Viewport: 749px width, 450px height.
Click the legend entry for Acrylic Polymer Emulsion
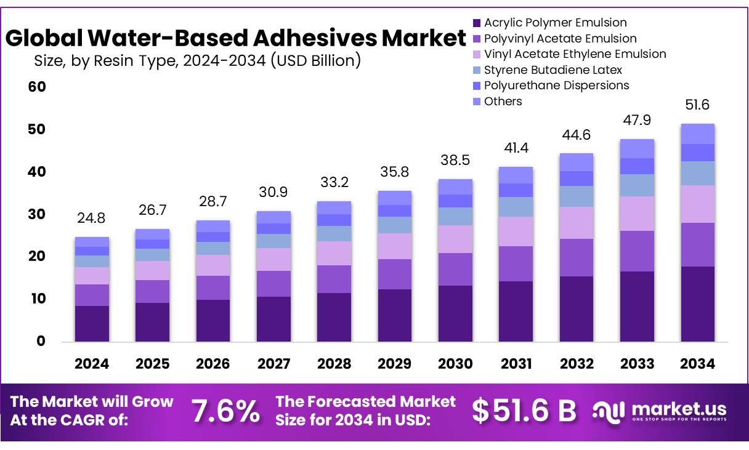click(x=555, y=23)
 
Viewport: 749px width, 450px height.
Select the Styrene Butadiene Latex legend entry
click(x=553, y=70)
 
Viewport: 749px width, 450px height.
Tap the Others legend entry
click(x=503, y=102)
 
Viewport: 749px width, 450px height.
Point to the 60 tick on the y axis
click(x=37, y=87)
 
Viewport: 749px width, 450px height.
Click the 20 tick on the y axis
click(x=37, y=256)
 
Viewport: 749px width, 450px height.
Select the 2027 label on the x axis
click(x=273, y=364)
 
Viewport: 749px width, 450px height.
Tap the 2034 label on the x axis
click(x=697, y=364)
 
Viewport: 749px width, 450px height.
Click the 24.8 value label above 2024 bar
click(x=91, y=218)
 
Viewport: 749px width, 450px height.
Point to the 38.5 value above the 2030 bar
click(x=455, y=160)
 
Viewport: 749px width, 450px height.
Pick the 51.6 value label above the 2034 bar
click(x=697, y=105)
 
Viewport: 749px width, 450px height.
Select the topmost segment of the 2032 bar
click(x=576, y=162)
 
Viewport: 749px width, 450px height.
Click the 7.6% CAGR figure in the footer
click(x=225, y=411)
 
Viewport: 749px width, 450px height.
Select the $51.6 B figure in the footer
click(x=524, y=411)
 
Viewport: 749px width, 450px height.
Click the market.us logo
click(x=660, y=411)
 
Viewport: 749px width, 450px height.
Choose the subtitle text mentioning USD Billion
click(x=197, y=60)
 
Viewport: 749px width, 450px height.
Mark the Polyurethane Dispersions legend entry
click(x=556, y=86)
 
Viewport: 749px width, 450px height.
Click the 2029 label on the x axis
click(x=394, y=364)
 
